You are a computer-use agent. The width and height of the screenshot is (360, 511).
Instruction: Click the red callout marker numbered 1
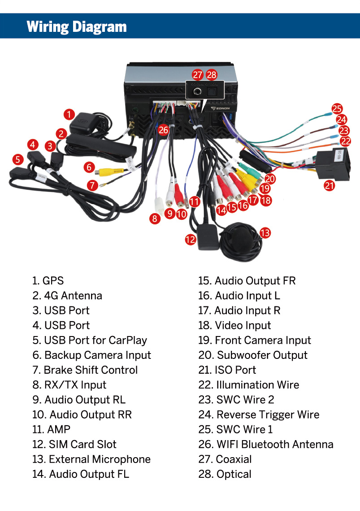pyautogui.click(x=69, y=114)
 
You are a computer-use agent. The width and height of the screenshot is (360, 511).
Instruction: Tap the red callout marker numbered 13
pyautogui.click(x=265, y=232)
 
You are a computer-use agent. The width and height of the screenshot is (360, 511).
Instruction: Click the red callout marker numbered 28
pyautogui.click(x=212, y=75)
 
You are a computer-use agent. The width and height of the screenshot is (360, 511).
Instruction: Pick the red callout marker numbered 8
pyautogui.click(x=155, y=219)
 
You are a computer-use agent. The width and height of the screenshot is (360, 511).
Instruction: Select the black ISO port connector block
pyautogui.click(x=331, y=165)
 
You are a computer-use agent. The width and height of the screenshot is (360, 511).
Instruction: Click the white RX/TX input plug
pyautogui.click(x=158, y=205)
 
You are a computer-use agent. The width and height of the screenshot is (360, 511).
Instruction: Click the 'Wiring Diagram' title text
pyautogui.click(x=77, y=26)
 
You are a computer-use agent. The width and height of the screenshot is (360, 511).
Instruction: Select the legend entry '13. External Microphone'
pyautogui.click(x=91, y=459)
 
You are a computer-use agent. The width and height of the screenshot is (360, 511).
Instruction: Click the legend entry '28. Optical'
pyautogui.click(x=225, y=474)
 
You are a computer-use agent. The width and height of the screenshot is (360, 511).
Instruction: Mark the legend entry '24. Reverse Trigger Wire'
pyautogui.click(x=259, y=415)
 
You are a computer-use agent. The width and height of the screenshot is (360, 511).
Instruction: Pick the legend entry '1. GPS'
pyautogui.click(x=48, y=281)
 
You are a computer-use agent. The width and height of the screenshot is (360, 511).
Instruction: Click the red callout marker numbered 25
pyautogui.click(x=337, y=109)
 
